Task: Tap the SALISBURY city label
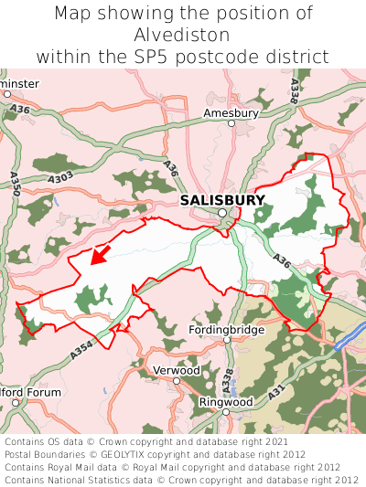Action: (x=222, y=200)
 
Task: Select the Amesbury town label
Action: (x=231, y=113)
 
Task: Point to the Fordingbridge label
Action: (x=226, y=329)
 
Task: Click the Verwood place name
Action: (x=175, y=371)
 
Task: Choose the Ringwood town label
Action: (x=226, y=401)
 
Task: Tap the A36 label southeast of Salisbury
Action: (x=283, y=262)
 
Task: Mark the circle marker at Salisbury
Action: (x=222, y=214)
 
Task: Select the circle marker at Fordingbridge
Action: (x=227, y=340)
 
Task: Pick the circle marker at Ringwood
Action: (x=226, y=413)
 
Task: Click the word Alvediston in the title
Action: (x=182, y=35)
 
